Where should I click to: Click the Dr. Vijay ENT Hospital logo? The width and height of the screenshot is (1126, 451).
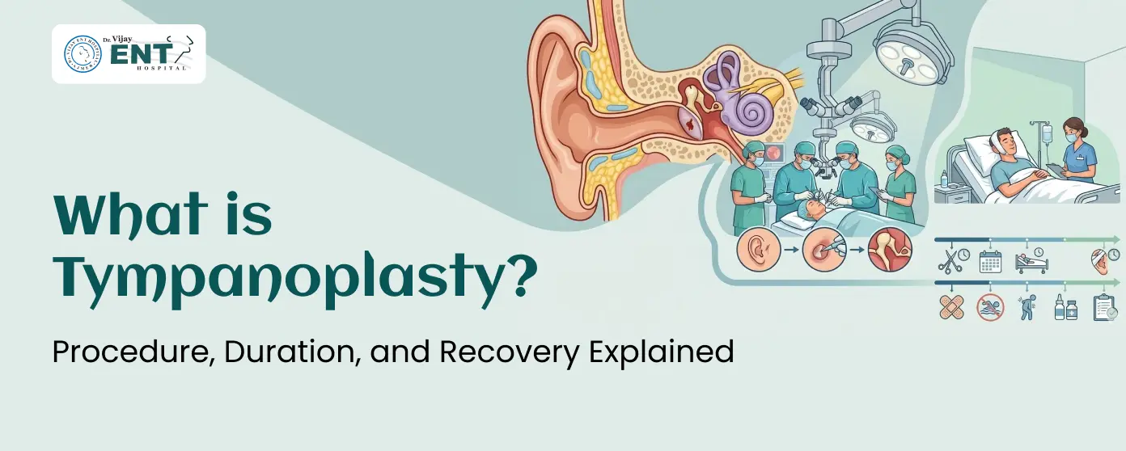129,54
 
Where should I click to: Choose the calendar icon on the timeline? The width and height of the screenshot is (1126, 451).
990,260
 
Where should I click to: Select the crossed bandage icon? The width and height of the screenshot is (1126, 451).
950,307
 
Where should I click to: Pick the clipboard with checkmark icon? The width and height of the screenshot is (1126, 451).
1105,307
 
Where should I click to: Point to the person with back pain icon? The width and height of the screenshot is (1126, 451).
1027,307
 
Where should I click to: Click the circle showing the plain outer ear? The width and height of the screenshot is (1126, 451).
757,251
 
